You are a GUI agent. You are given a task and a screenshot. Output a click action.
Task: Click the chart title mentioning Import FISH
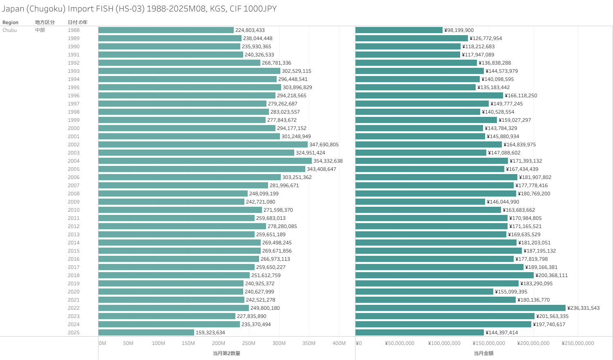coord(139,9)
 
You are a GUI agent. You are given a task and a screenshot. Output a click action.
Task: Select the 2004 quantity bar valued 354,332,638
coord(205,161)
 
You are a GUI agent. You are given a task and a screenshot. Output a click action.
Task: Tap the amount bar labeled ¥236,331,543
coord(460,308)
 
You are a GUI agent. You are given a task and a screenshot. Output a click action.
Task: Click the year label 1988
coord(74,30)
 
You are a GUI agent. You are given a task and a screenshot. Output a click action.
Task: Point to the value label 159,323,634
coord(210,333)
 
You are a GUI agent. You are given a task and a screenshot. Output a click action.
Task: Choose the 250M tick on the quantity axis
coord(248,343)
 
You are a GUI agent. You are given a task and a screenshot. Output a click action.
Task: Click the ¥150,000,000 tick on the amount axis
coord(489,343)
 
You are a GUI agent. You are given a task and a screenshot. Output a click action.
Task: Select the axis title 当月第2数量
coord(226,353)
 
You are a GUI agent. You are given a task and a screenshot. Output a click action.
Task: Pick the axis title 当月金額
coord(483,353)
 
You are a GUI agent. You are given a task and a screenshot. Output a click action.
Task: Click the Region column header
coord(10,22)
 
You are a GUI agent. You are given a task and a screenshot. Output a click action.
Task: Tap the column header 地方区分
coord(45,22)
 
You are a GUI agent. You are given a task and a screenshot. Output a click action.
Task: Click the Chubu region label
coord(9,30)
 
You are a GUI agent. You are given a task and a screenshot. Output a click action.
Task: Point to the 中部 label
coord(40,30)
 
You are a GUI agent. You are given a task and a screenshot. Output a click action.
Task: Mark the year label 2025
coord(74,333)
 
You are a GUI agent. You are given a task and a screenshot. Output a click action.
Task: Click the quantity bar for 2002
coord(203,145)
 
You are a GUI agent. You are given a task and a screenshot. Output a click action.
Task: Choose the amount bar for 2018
coord(444,275)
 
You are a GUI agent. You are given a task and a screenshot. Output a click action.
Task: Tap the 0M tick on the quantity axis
coord(102,343)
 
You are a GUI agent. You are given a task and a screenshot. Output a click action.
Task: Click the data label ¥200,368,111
coord(551,275)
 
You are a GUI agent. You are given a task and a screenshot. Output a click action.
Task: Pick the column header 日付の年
coord(77,22)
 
